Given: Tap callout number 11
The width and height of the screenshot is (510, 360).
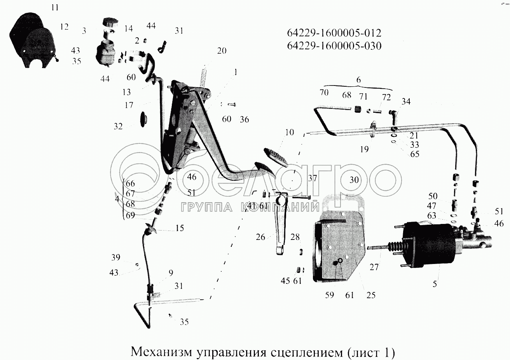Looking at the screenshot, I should click(x=56, y=7).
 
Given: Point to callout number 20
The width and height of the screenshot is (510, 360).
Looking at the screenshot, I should click(x=222, y=51).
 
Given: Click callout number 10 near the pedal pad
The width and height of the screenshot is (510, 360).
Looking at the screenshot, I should click(x=289, y=133).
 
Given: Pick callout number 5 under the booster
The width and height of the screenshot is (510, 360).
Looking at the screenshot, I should click(x=435, y=284).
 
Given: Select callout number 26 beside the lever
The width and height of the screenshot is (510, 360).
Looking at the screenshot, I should click(x=261, y=236).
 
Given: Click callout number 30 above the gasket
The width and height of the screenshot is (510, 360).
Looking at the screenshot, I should click(x=354, y=180).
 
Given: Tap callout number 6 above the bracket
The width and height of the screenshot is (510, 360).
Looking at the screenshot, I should click(x=358, y=80).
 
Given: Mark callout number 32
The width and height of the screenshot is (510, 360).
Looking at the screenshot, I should click(x=118, y=126).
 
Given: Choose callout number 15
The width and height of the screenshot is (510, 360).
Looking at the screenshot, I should click(x=179, y=228).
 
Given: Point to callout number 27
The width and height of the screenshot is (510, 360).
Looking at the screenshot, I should click(x=374, y=267).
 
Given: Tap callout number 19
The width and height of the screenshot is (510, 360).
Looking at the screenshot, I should click(x=364, y=149).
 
